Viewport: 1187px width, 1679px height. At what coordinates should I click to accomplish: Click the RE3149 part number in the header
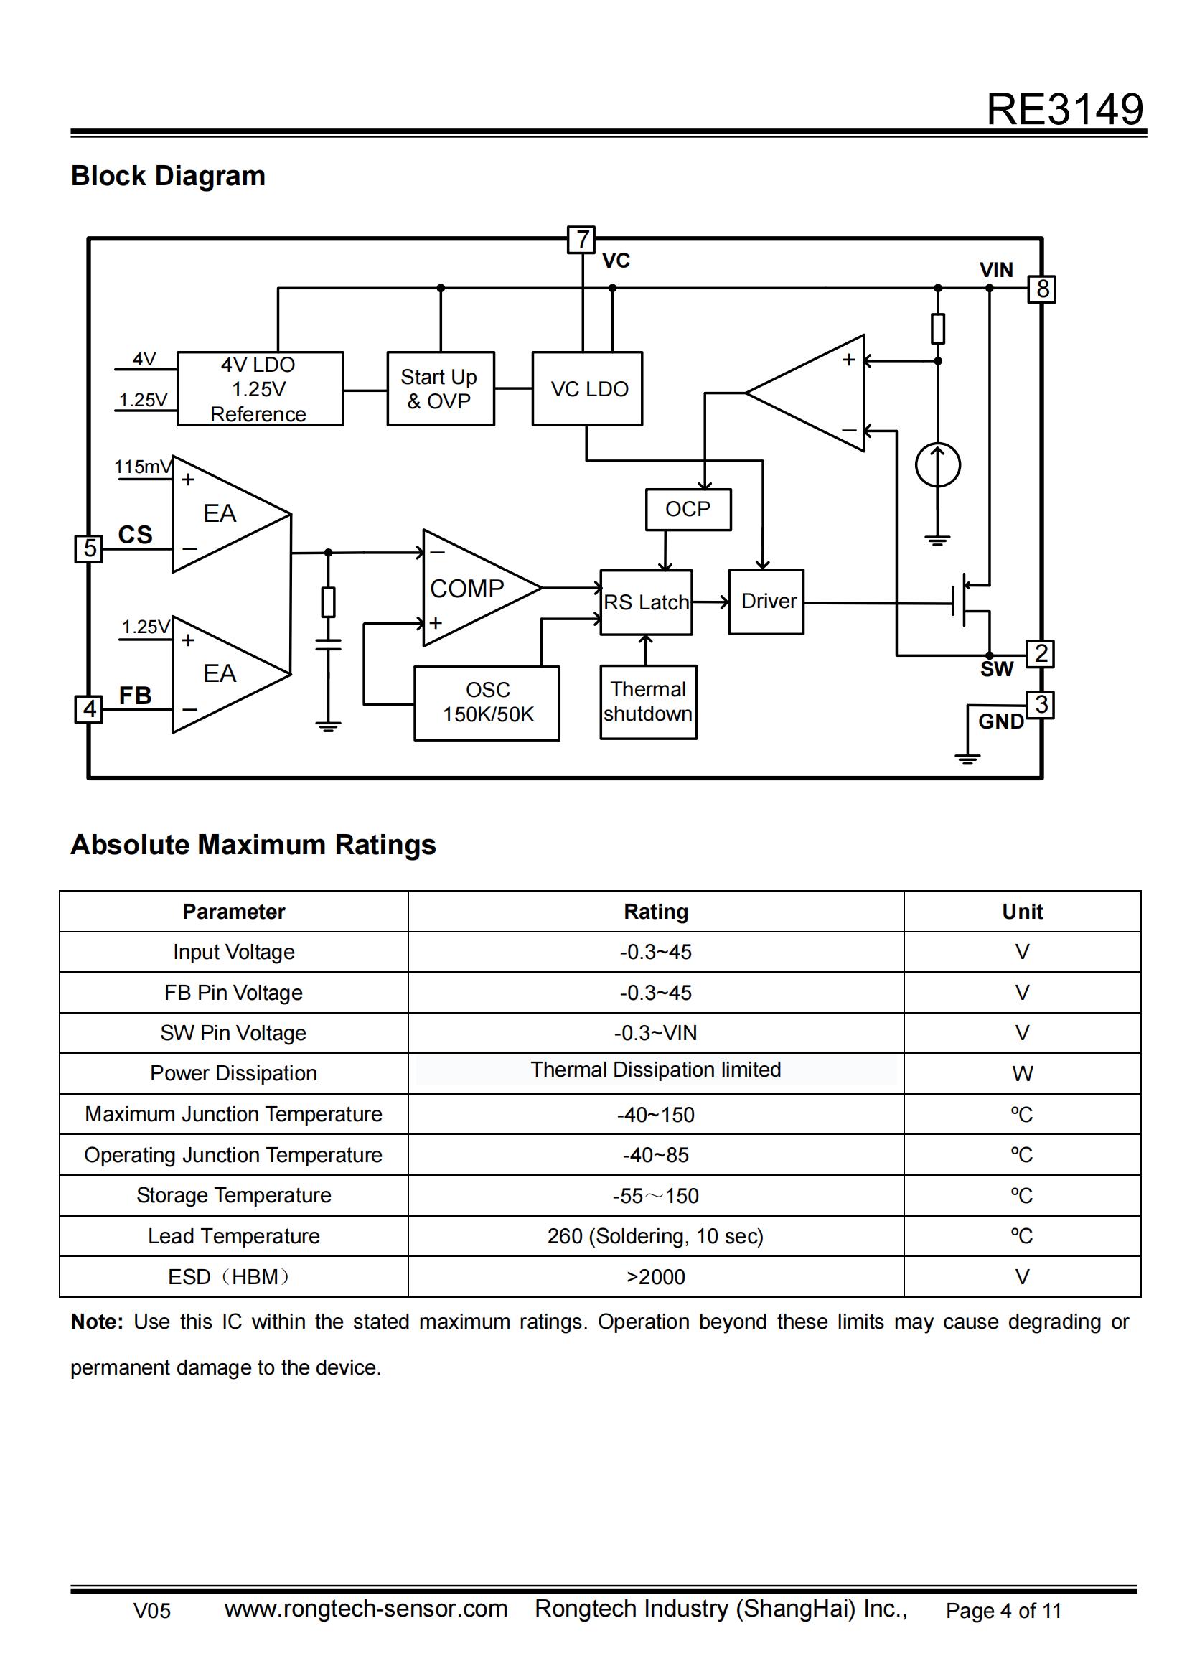1064,110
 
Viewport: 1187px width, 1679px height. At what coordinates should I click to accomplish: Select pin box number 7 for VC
581,239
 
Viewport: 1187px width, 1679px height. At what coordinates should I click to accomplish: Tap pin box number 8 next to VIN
1041,289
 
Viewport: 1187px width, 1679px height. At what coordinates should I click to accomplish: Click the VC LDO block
588,388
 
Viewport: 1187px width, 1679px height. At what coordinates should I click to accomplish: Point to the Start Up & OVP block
440,388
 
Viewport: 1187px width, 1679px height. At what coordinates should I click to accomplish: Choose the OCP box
688,509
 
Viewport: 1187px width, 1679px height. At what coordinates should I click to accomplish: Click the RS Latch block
646,602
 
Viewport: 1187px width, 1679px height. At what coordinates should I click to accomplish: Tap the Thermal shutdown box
647,701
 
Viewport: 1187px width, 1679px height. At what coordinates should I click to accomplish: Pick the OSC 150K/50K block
487,702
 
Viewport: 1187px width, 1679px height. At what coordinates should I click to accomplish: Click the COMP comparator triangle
471,588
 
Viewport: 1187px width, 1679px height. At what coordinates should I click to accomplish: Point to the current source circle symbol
937,465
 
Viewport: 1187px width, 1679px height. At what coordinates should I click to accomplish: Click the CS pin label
135,535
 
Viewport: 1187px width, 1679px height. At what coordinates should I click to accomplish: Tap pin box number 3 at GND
1040,705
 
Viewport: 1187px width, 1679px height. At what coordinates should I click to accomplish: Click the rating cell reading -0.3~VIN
656,1032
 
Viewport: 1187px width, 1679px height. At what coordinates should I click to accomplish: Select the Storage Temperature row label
234,1195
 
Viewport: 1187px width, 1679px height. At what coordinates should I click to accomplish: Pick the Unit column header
1022,911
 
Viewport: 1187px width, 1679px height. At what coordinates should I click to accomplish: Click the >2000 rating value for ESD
656,1277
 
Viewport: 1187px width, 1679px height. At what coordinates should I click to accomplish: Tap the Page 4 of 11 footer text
1003,1610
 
